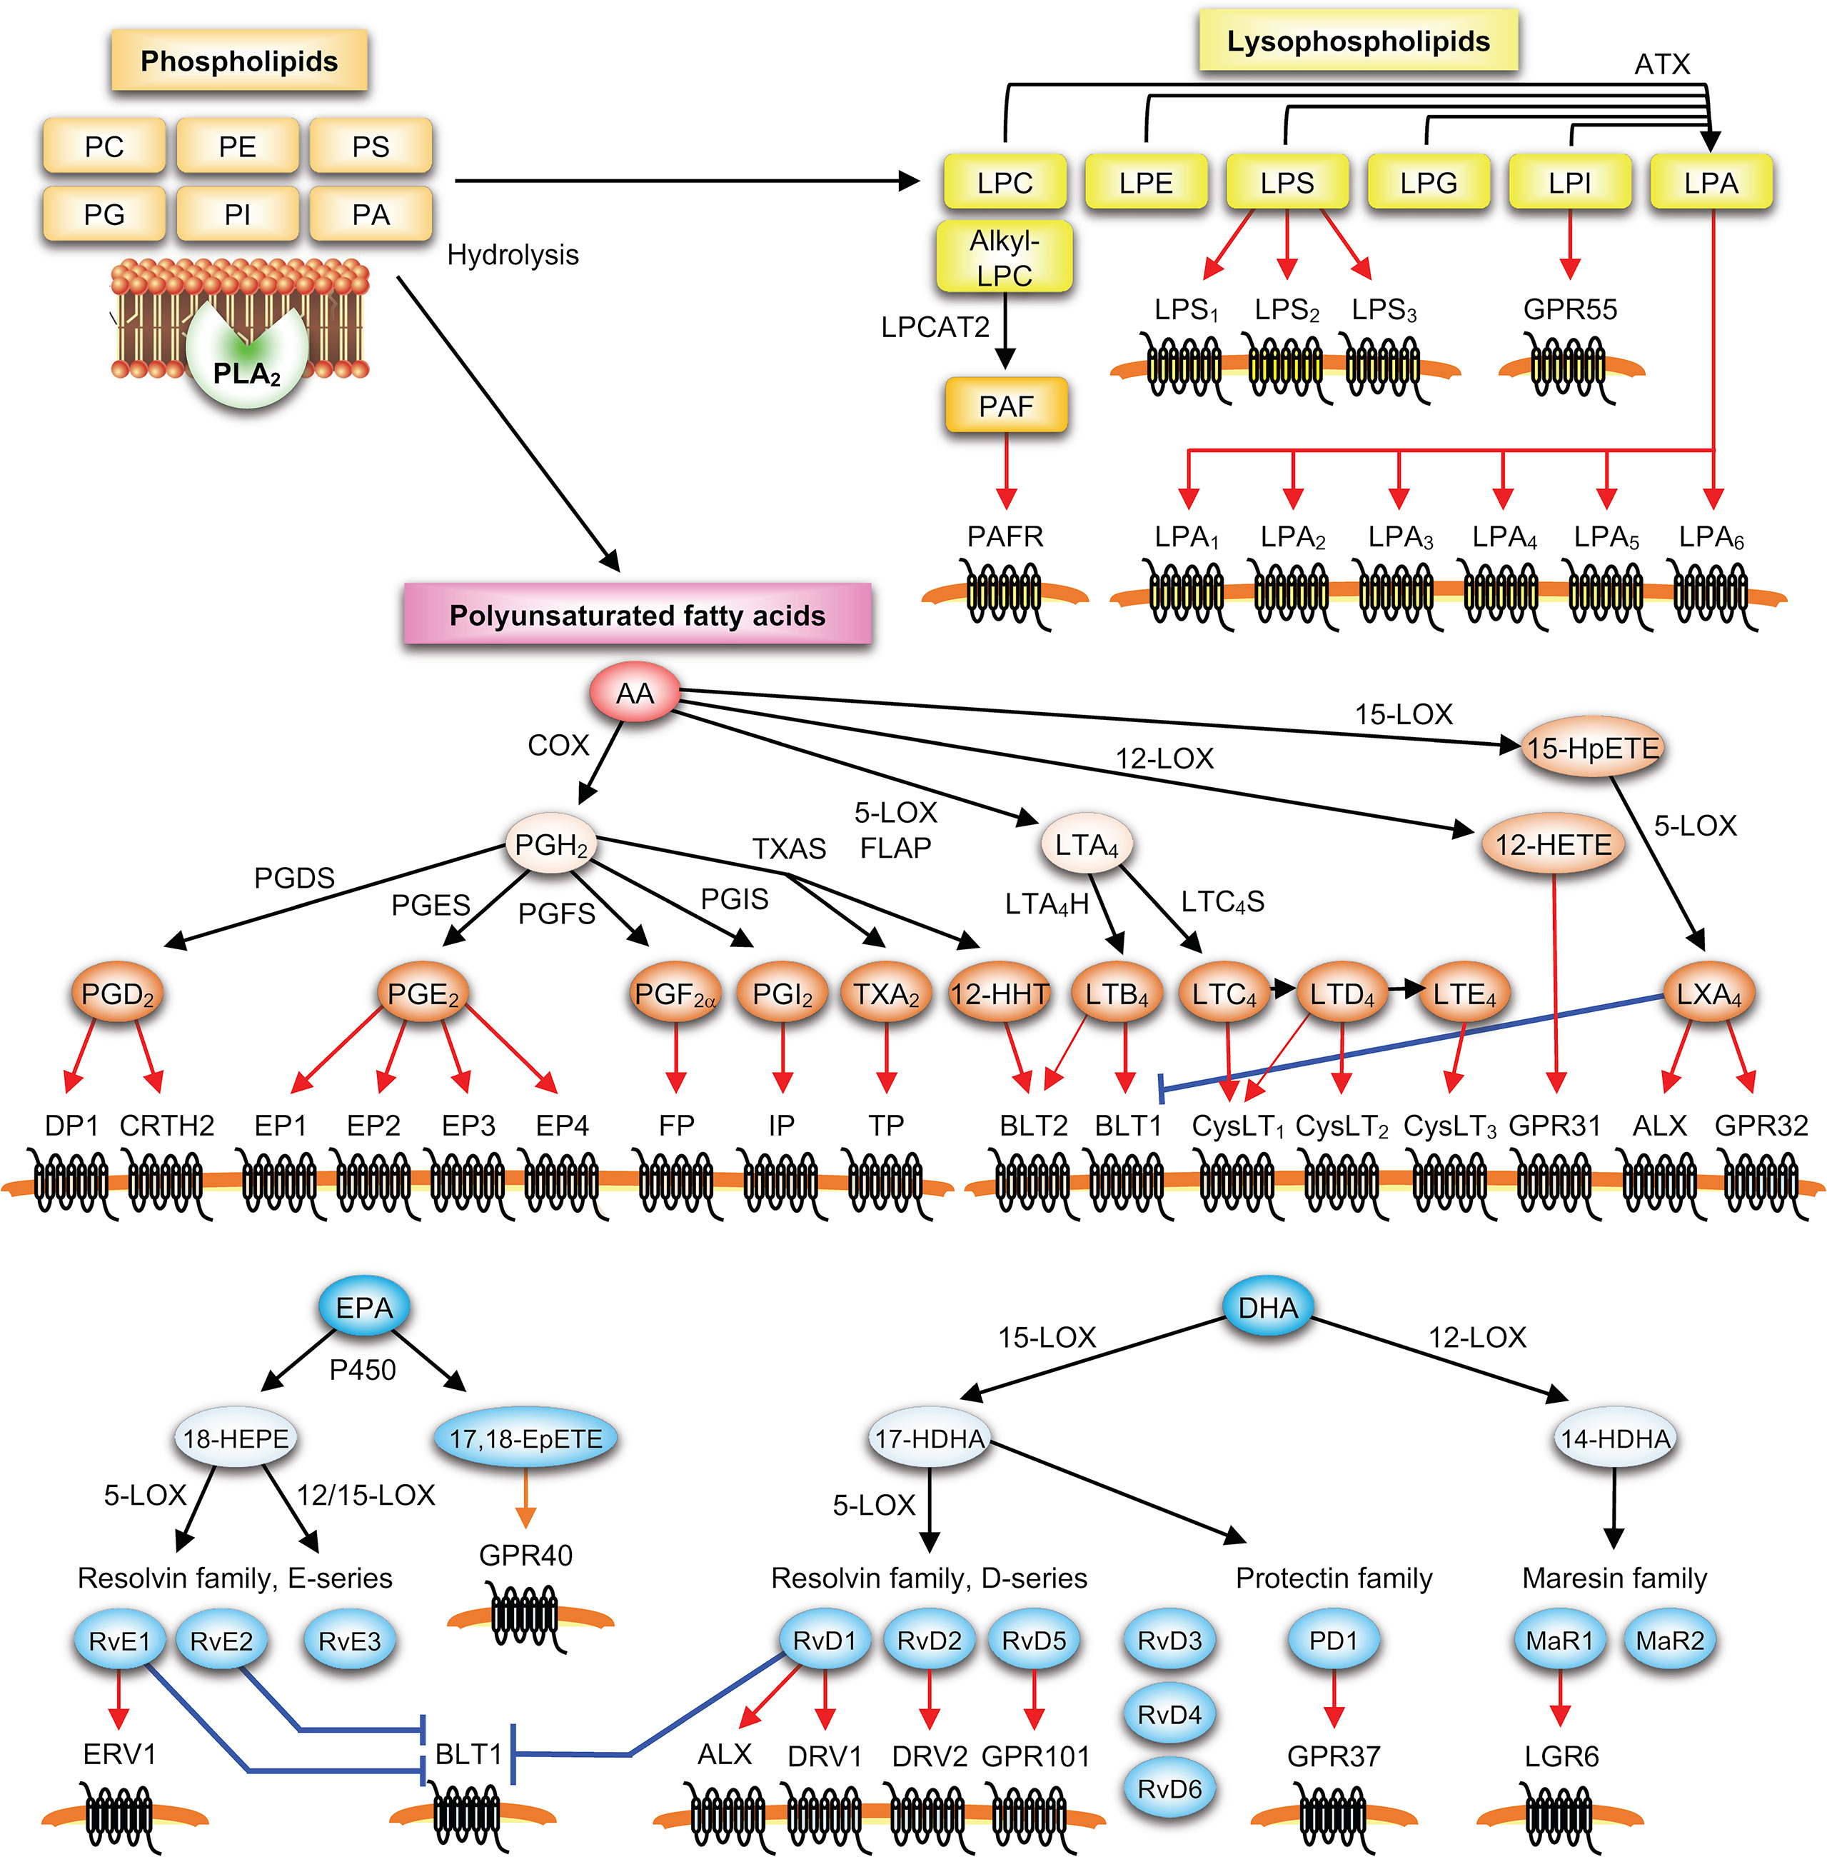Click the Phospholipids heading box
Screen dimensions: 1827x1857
[x=239, y=61]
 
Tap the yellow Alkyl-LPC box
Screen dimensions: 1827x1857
[x=1004, y=257]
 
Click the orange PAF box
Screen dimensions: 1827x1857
[x=1006, y=406]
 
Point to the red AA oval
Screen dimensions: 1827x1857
[x=634, y=693]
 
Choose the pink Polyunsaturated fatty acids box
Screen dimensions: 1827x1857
[x=637, y=614]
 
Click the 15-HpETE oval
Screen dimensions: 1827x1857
[x=1592, y=748]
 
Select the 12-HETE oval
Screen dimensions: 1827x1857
[x=1553, y=844]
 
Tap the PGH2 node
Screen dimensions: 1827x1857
[x=550, y=844]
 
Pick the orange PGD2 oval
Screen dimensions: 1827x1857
[x=117, y=994]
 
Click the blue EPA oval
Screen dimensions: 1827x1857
[x=363, y=1307]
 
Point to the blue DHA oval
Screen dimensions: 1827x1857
[x=1267, y=1307]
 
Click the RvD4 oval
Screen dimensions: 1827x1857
[x=1169, y=1714]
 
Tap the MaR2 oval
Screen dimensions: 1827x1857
[x=1670, y=1640]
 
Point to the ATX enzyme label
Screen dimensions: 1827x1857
[x=1662, y=64]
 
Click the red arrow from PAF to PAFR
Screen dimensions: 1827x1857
[x=1006, y=471]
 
